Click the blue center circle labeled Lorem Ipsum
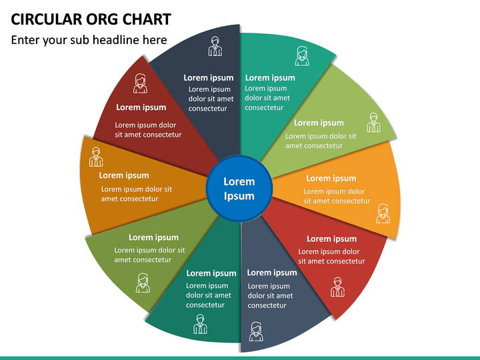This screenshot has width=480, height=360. click(x=239, y=188)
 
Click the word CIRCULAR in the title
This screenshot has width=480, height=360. click(x=46, y=19)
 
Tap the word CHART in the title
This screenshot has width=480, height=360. click(x=147, y=19)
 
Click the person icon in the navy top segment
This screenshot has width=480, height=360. click(x=215, y=46)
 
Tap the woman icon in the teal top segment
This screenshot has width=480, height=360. click(x=302, y=56)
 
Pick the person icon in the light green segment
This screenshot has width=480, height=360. click(x=374, y=123)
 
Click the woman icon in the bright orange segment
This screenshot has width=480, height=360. click(x=383, y=214)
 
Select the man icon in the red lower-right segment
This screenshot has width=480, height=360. click(x=337, y=287)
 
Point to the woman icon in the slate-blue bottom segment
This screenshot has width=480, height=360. click(x=256, y=331)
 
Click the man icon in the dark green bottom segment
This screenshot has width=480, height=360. click(x=200, y=324)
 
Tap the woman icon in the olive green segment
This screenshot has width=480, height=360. click(x=143, y=283)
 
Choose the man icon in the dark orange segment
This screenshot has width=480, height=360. click(x=96, y=157)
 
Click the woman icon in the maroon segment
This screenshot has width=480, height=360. click(x=140, y=83)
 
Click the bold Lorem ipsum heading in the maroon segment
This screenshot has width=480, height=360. click(x=141, y=107)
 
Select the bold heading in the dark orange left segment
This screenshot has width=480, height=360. click(x=124, y=175)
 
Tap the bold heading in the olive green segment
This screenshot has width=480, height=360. click(x=154, y=237)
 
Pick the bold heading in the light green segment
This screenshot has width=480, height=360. click(x=319, y=123)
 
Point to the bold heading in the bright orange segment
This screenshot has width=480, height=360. click(x=331, y=179)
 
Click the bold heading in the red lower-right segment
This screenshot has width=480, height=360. click(x=332, y=239)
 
